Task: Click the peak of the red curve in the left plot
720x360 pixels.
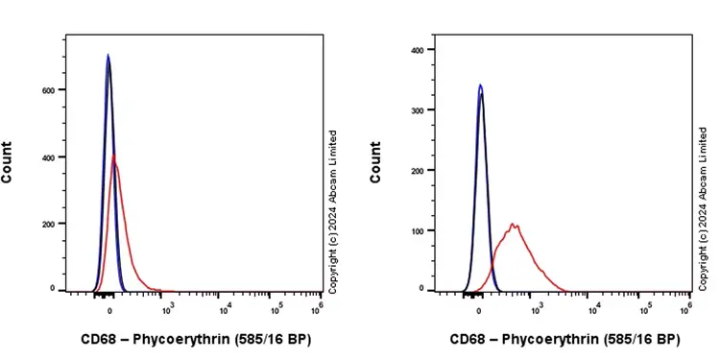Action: click(113, 155)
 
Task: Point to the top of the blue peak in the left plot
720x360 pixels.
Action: click(108, 55)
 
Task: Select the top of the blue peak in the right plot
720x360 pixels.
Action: click(480, 85)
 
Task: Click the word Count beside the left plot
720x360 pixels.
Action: click(9, 162)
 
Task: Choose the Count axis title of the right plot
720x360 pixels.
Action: click(376, 162)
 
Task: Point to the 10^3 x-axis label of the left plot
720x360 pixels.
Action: click(168, 307)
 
